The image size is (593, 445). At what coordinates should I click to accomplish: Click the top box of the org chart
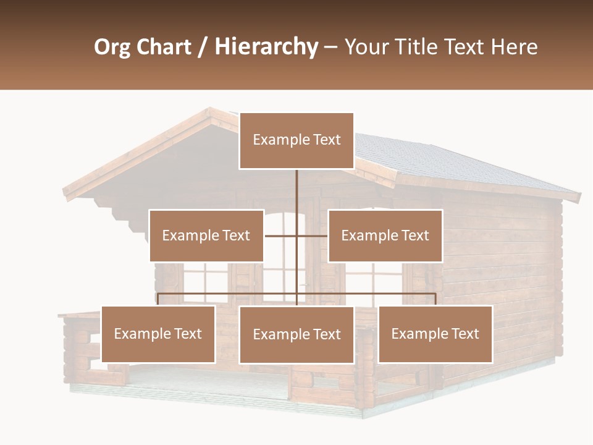296,140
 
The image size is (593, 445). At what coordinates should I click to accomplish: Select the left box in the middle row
206,235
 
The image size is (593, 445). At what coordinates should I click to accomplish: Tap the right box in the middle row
385,235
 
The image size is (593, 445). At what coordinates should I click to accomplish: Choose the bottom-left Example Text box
158,334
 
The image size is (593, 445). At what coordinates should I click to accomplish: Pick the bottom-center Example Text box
296,334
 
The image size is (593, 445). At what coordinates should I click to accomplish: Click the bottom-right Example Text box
435,334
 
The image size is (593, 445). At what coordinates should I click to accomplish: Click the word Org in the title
112,47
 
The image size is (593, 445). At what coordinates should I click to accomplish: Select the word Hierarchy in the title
266,47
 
